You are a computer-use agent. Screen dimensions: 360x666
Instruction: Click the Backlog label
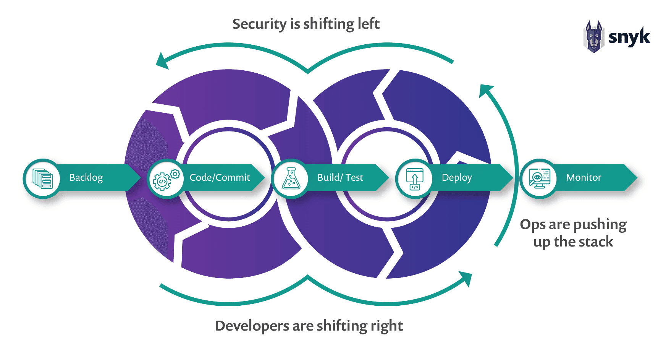(86, 178)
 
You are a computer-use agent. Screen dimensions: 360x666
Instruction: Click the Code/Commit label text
(220, 178)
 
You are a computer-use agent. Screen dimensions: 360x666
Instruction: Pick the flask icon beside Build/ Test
(291, 179)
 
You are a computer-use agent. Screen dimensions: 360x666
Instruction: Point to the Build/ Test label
(340, 178)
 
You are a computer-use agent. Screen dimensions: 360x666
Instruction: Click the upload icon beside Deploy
(415, 179)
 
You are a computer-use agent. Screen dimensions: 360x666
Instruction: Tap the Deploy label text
(457, 178)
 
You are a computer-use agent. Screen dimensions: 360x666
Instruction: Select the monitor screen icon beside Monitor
(539, 178)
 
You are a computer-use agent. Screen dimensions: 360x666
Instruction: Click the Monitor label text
(583, 178)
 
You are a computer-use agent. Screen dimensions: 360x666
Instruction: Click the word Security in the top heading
(259, 24)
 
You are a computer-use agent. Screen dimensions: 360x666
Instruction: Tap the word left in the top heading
(369, 24)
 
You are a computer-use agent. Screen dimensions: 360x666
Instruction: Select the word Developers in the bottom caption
(252, 326)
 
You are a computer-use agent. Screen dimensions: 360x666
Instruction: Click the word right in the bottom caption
(386, 326)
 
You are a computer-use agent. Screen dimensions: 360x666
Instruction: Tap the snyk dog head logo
(593, 37)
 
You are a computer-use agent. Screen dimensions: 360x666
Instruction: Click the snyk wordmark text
(629, 37)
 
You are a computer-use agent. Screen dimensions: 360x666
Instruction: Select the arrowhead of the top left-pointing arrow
(162, 61)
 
